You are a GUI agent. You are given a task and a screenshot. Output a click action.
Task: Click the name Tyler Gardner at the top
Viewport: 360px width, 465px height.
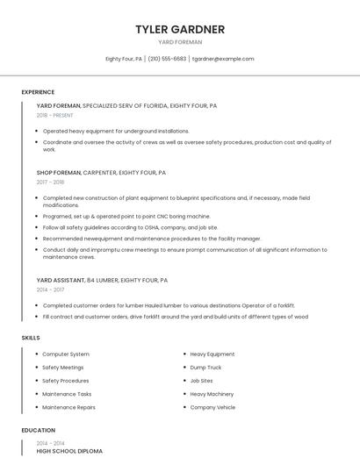click(179, 29)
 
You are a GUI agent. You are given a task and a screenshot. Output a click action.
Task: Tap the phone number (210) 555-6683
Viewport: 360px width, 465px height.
click(167, 59)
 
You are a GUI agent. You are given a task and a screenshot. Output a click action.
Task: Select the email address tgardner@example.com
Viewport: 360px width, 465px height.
click(223, 59)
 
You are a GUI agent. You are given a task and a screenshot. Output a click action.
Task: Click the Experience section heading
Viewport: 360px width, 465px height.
click(38, 92)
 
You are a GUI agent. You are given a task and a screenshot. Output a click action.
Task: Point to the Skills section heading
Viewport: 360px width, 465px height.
click(31, 338)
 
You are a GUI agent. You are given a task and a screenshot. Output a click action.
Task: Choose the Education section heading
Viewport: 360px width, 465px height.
click(38, 431)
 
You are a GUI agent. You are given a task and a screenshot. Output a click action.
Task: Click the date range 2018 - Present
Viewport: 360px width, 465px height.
click(55, 115)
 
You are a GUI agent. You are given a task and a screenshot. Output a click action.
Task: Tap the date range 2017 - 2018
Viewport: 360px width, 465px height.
click(50, 182)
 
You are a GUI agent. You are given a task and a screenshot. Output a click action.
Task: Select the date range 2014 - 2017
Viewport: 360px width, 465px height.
click(50, 289)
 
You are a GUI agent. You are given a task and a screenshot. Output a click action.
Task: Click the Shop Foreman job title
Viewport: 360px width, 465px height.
click(58, 173)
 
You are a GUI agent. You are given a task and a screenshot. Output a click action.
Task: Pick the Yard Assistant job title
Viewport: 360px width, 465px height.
click(61, 280)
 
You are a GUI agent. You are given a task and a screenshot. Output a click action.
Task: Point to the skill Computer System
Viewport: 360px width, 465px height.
click(66, 354)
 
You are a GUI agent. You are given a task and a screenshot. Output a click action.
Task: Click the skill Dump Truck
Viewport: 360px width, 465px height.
click(205, 368)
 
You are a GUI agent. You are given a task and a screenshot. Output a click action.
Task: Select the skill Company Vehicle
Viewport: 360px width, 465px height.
click(212, 407)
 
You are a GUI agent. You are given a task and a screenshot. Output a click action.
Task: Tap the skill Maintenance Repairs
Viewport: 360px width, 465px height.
click(68, 407)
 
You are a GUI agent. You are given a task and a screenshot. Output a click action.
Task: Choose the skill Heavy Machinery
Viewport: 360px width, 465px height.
click(212, 394)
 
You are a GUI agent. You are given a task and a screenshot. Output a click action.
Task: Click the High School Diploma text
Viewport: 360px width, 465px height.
click(69, 451)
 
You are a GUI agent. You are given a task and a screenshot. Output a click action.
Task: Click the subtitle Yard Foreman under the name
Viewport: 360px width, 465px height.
click(179, 42)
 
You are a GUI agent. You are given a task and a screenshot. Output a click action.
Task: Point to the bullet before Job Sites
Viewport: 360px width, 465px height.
click(184, 381)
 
